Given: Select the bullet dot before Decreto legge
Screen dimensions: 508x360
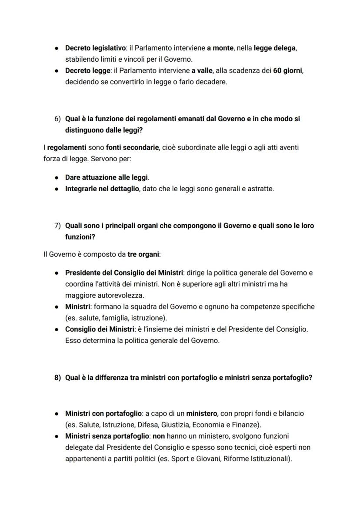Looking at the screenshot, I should click(x=57, y=71).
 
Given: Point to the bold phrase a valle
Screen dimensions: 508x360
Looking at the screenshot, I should click(x=202, y=71).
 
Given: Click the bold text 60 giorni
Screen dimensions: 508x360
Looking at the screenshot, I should click(x=287, y=71).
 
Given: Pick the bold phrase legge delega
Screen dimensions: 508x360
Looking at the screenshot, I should click(x=275, y=48).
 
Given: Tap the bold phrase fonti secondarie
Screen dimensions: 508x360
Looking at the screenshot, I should click(x=132, y=148).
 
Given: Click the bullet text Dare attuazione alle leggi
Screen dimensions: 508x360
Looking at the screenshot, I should click(x=107, y=177).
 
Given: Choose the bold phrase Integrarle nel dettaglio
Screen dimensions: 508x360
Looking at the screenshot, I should click(x=102, y=189).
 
